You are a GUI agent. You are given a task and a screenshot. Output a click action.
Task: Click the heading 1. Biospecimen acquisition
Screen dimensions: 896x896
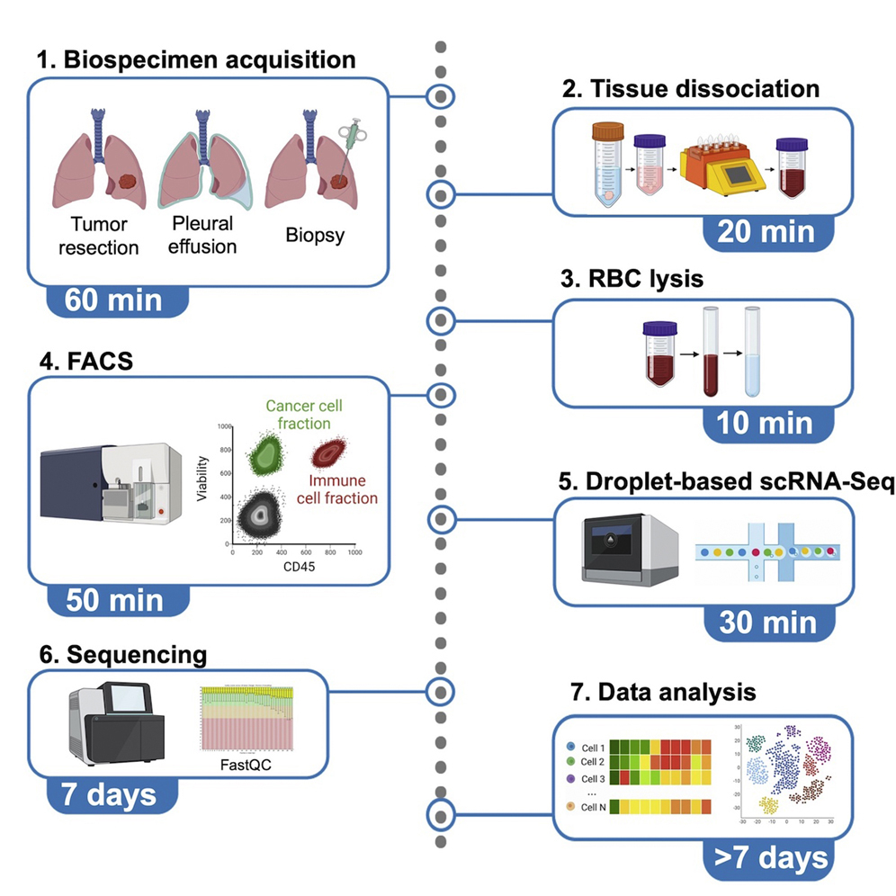pos(196,60)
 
